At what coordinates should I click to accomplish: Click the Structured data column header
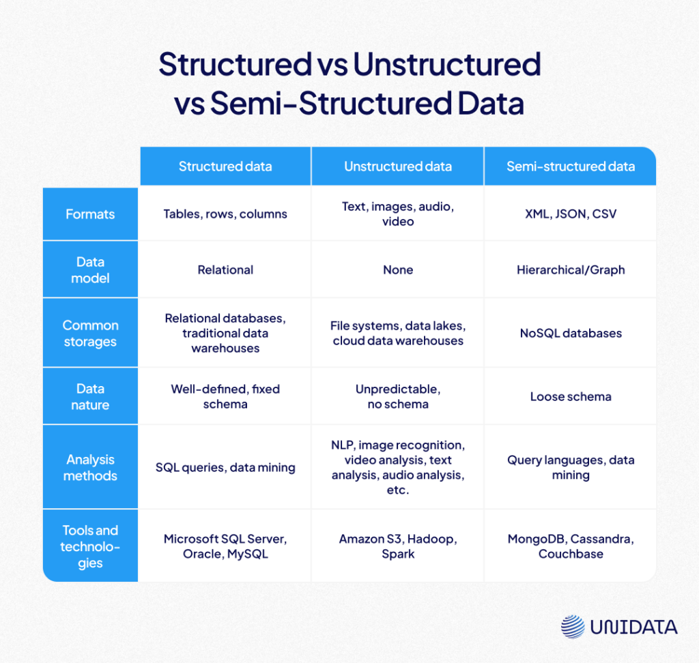pyautogui.click(x=225, y=166)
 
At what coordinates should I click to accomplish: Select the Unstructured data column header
pyautogui.click(x=398, y=166)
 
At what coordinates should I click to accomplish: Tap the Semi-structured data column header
pyautogui.click(x=571, y=166)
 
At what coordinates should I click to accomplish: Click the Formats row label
pyautogui.click(x=90, y=214)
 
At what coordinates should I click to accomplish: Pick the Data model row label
pyautogui.click(x=90, y=270)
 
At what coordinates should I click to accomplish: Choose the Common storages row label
pyautogui.click(x=90, y=334)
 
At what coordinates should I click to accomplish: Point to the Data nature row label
pyautogui.click(x=90, y=396)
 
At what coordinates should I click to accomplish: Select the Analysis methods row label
pyautogui.click(x=90, y=467)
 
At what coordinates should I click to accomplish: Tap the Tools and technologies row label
pyautogui.click(x=90, y=546)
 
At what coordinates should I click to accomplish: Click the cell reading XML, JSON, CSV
pyautogui.click(x=571, y=214)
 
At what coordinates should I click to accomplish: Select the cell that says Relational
pyautogui.click(x=225, y=270)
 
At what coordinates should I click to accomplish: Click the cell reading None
pyautogui.click(x=398, y=270)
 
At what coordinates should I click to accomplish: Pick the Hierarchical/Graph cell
pyautogui.click(x=571, y=270)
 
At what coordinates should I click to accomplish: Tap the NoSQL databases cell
pyautogui.click(x=571, y=334)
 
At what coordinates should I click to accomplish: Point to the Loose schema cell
pyautogui.click(x=571, y=396)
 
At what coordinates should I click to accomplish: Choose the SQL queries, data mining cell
pyautogui.click(x=225, y=467)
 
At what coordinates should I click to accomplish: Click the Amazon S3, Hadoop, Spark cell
pyautogui.click(x=398, y=546)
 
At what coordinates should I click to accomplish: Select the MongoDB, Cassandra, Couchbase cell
pyautogui.click(x=571, y=546)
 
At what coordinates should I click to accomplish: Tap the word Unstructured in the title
pyautogui.click(x=446, y=65)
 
